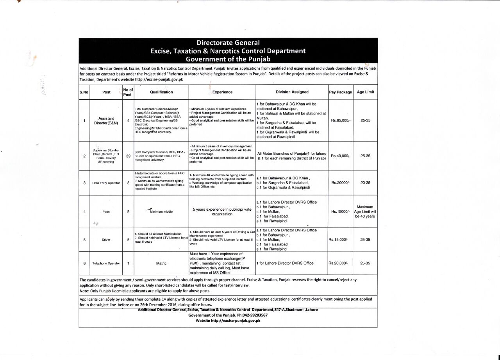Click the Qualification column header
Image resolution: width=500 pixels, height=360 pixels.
161,92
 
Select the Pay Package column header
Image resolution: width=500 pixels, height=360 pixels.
340,92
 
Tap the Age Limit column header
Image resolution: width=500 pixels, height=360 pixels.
365,92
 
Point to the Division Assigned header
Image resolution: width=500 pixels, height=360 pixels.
292,92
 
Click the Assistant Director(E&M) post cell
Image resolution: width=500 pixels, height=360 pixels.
106,120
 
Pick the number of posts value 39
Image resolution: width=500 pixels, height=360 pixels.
128,156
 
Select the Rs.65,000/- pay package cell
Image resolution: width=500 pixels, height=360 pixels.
341,120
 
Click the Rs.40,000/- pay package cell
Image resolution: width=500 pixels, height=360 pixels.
341,156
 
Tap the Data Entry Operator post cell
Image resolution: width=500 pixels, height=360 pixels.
106,183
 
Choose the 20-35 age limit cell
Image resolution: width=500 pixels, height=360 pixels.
365,183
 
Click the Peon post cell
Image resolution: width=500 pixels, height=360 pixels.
106,211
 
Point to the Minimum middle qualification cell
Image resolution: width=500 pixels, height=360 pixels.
161,211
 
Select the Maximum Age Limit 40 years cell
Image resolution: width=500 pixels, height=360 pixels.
365,211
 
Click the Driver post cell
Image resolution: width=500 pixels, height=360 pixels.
106,240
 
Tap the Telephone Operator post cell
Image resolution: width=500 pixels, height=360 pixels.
106,263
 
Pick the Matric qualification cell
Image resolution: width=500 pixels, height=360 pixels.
161,263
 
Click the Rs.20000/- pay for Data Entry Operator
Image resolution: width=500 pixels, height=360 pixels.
341,183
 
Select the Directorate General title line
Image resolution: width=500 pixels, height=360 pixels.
228,43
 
